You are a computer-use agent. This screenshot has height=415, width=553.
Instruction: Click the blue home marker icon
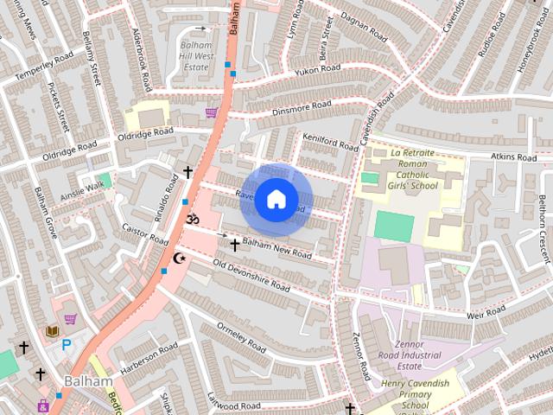(276, 200)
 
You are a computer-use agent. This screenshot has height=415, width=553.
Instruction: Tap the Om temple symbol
(192, 220)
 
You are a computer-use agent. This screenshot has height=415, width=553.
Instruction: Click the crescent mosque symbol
(180, 259)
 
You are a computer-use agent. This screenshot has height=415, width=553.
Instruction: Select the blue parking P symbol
(67, 345)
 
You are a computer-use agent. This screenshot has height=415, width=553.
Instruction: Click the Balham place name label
(88, 381)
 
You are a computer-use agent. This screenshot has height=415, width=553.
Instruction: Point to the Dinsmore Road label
(302, 107)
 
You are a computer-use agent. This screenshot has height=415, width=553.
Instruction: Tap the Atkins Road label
(514, 156)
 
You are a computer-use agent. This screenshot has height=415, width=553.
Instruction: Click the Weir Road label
(485, 313)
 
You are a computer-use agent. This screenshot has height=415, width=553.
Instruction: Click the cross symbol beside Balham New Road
(234, 246)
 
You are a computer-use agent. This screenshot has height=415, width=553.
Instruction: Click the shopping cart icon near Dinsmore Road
(211, 112)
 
